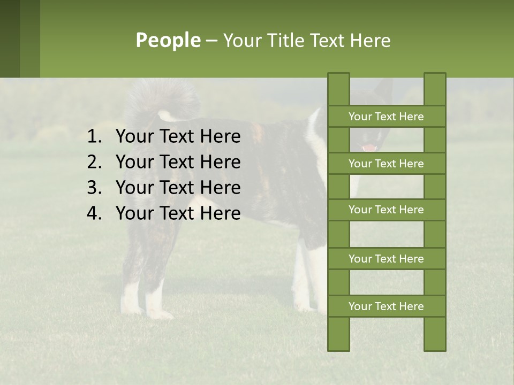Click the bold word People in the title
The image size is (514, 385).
coord(168,40)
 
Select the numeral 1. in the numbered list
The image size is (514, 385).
coord(94,137)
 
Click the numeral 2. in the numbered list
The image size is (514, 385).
coord(94,162)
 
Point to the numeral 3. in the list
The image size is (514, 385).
coord(94,188)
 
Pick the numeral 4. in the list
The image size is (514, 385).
coord(94,213)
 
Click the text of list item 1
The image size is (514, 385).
coord(178,137)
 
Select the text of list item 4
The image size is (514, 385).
coord(178,213)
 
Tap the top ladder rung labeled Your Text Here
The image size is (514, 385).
coord(386,117)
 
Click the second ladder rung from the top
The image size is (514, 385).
coord(386,164)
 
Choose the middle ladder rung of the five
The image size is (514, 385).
coord(386,210)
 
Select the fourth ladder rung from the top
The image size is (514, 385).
coord(386,259)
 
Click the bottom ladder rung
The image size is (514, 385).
coord(386,306)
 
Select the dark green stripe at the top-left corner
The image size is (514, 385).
coord(10,38)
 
